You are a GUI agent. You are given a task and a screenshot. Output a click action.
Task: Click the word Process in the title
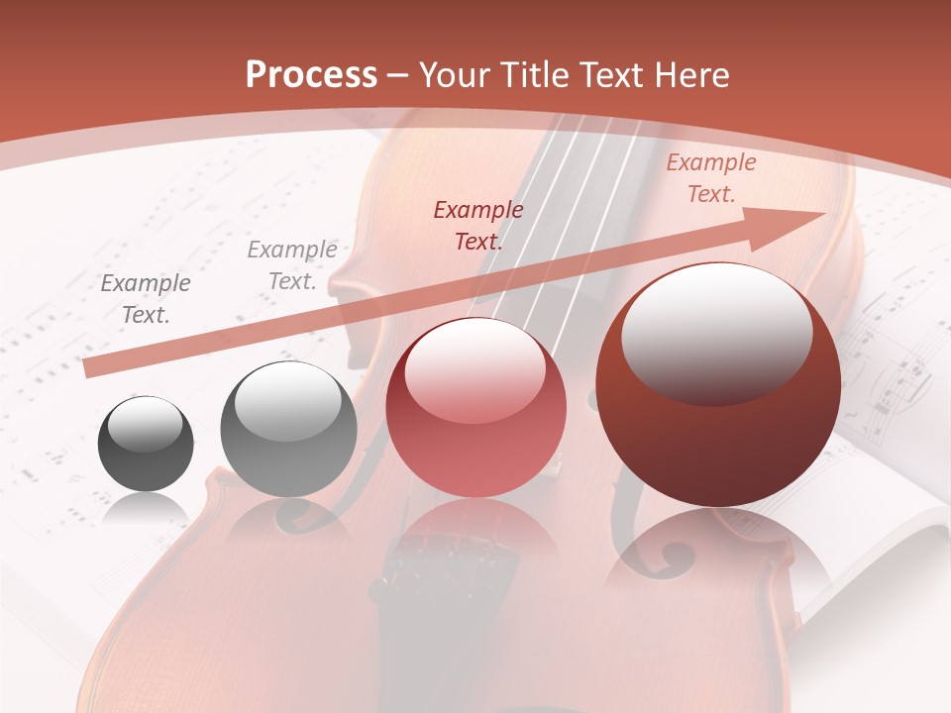coord(311,75)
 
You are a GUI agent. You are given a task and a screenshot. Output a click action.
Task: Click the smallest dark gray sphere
coord(146,444)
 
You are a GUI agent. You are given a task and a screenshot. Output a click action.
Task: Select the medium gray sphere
coord(288,429)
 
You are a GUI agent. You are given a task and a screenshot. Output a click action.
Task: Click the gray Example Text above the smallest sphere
coord(146,299)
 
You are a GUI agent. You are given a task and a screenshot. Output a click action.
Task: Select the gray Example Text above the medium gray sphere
coord(292,265)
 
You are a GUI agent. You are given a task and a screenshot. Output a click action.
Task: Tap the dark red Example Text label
coord(478,225)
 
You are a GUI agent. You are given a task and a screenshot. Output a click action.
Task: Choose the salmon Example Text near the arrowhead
coord(710,178)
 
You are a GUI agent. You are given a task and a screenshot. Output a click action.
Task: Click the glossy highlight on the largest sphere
coord(716,327)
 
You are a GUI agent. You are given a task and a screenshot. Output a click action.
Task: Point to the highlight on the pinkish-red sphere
coord(474,372)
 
